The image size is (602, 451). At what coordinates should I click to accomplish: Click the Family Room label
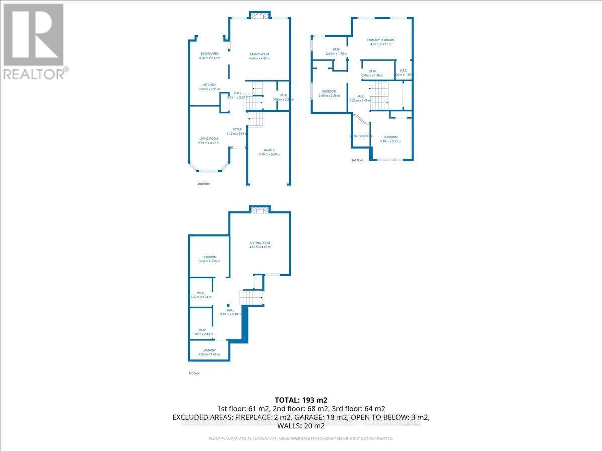260,54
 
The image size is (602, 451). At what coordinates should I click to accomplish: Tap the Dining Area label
210,53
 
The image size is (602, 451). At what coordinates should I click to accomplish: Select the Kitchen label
209,85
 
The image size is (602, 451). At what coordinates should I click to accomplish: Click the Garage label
270,150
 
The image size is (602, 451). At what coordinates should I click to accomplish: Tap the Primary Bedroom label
381,40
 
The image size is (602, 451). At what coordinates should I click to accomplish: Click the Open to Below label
361,136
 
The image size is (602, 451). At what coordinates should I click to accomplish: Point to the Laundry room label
209,350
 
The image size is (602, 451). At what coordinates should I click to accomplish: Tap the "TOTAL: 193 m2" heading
301,400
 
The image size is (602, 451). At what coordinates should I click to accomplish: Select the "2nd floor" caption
203,184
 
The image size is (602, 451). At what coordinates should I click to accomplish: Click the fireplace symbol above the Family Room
260,16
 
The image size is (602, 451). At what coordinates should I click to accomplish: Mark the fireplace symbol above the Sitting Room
260,210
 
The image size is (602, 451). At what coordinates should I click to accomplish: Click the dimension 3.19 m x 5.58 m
270,154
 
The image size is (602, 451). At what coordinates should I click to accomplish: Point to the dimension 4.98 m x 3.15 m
381,44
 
